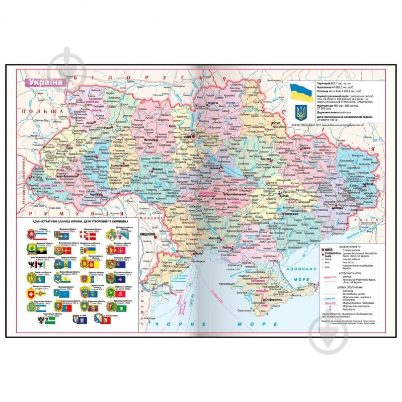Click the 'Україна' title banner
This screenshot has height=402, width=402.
pos(45,82)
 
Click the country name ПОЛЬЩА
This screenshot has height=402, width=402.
pos(45,113)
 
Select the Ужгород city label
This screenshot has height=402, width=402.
pos(36,178)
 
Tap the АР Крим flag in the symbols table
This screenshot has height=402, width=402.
pos(31,232)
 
